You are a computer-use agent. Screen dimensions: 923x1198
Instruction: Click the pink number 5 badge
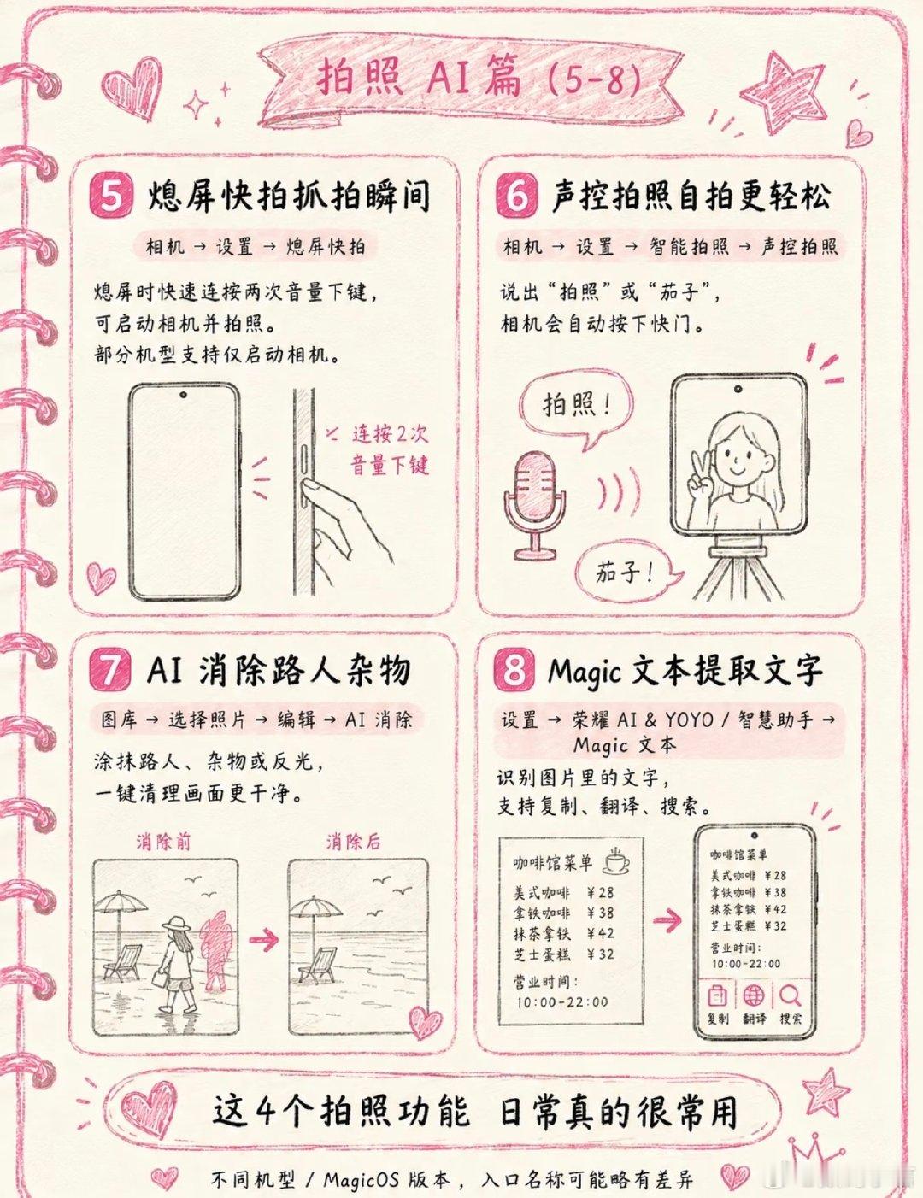point(113,197)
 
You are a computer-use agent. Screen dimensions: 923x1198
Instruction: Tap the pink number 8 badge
point(514,671)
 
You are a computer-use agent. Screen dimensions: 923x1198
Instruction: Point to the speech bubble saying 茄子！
point(625,574)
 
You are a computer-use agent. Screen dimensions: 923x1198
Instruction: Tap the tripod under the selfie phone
point(737,568)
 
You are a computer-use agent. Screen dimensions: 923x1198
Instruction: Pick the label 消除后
point(353,842)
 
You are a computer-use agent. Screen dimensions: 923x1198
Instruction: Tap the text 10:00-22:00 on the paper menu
point(562,1001)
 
